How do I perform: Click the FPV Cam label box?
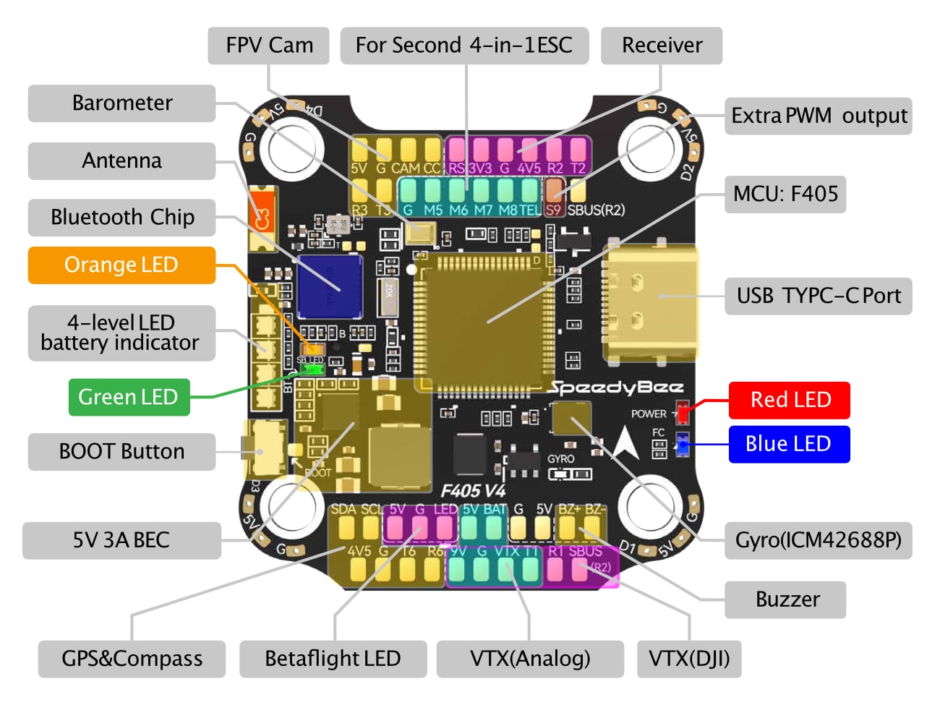269,46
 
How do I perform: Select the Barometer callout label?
122,103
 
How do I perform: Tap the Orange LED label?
121,265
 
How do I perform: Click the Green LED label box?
129,397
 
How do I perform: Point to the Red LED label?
790,400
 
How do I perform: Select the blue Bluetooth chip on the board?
329,287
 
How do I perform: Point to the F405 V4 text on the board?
474,491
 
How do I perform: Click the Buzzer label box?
787,599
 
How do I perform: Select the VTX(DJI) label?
689,659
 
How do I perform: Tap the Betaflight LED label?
333,659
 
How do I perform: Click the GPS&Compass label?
132,659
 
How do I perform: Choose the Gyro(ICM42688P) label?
818,541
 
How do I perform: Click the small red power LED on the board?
682,413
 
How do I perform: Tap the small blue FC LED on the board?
681,444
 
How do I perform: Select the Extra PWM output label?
819,116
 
